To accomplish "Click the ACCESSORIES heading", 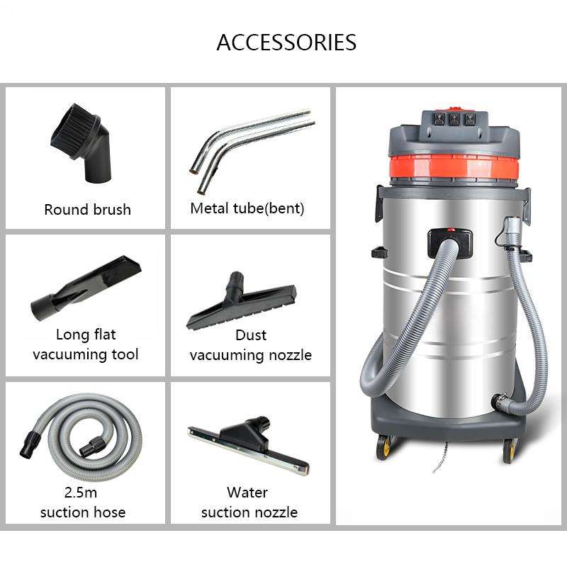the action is [286, 43].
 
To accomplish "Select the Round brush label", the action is [87, 210].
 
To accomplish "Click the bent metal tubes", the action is [252, 150].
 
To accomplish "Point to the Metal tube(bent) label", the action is [247, 208].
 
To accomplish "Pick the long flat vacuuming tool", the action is [86, 288].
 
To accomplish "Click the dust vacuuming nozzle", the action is [241, 301].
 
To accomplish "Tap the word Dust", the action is [251, 335].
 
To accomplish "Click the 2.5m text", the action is [81, 492].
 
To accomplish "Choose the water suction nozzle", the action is [249, 445].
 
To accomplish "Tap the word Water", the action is [247, 493].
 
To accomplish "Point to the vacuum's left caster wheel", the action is [384, 448].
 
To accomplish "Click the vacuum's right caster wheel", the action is [510, 451].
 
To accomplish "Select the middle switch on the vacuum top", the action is [454, 119].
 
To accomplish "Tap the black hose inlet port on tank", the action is [450, 243].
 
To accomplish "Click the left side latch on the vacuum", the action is [379, 203].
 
